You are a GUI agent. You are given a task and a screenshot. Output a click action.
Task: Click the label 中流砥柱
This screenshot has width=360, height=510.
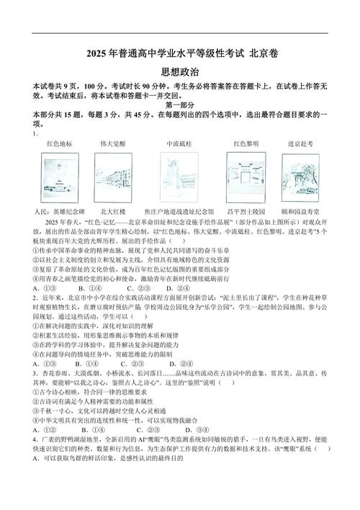tap(179, 143)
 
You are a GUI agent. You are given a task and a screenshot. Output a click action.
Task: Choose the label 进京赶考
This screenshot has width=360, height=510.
tap(301, 143)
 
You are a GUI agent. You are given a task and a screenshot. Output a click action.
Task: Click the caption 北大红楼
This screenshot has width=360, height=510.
tap(113, 212)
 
